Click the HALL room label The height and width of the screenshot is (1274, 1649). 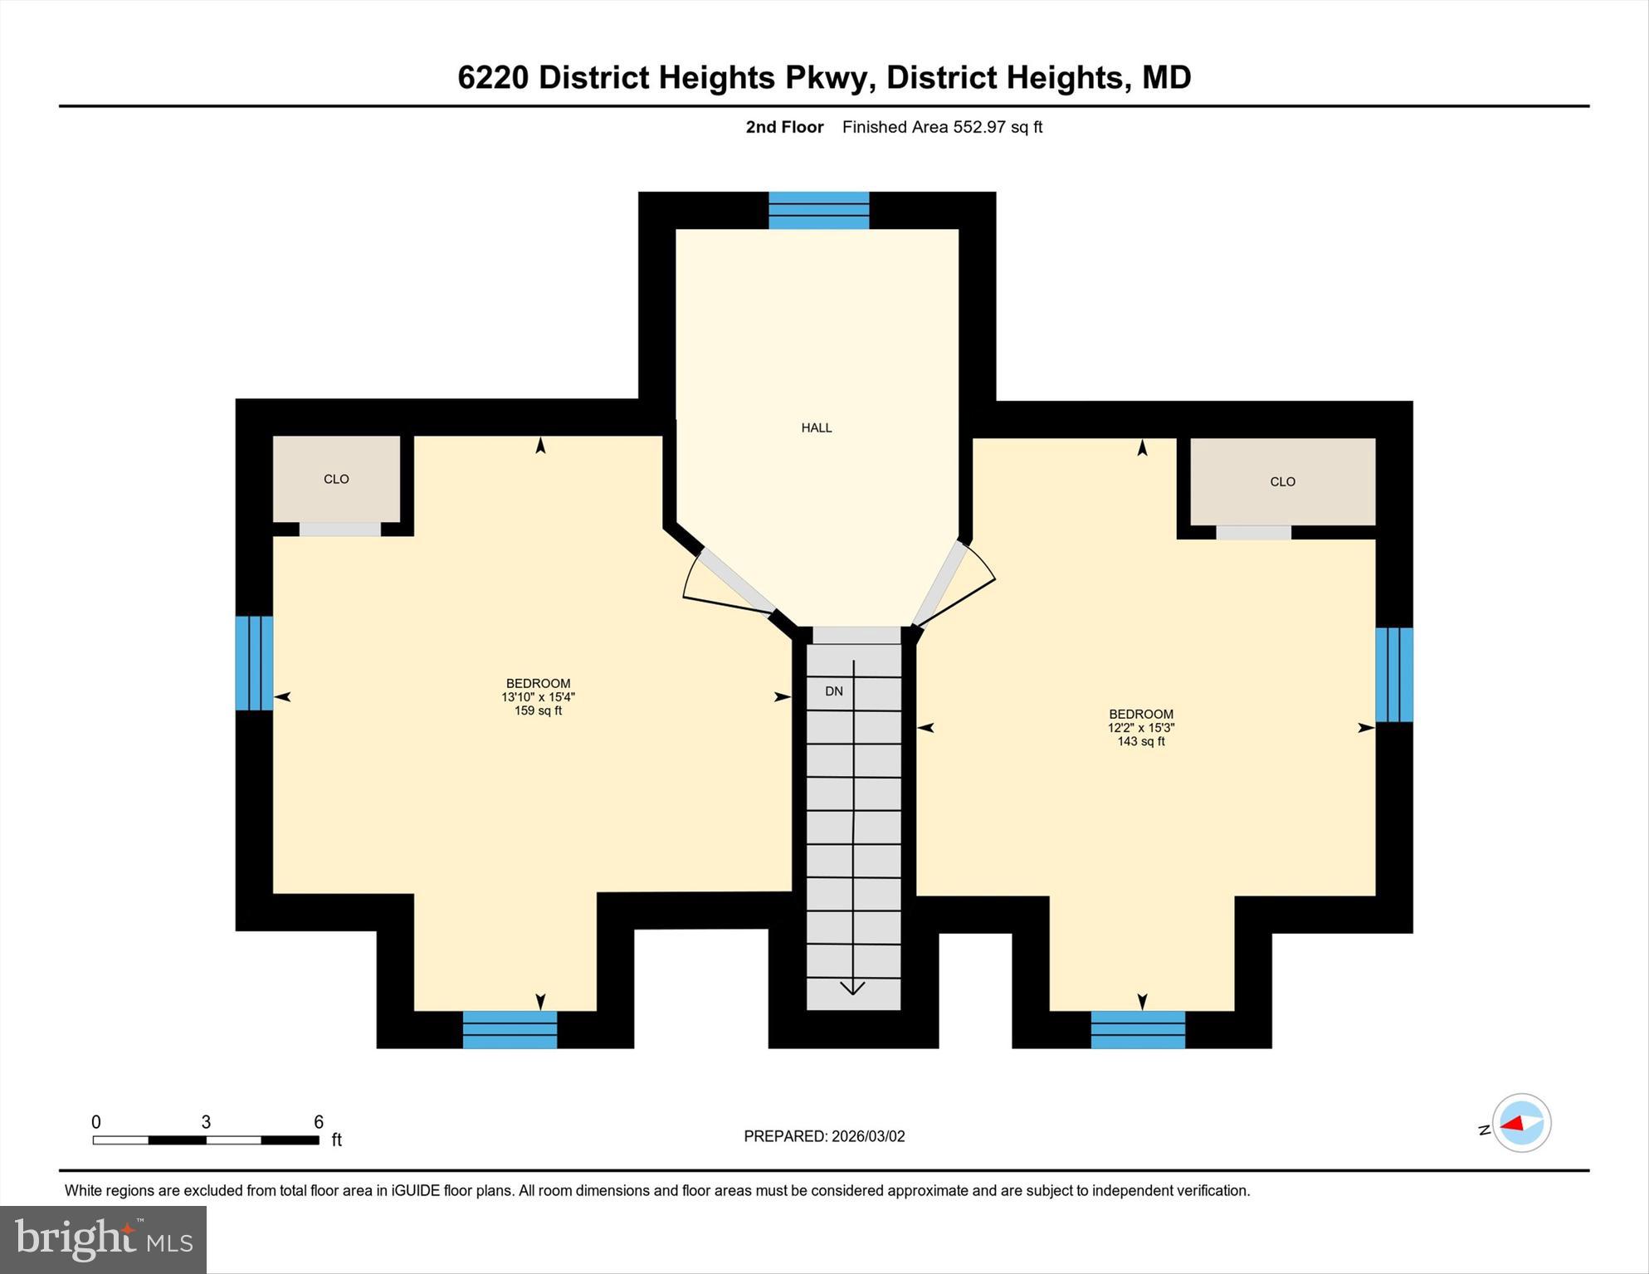pyautogui.click(x=816, y=427)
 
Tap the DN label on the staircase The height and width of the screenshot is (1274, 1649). pyautogui.click(x=833, y=691)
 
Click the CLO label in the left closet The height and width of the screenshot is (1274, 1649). pyautogui.click(x=336, y=479)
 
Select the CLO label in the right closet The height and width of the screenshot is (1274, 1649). pyautogui.click(x=1282, y=481)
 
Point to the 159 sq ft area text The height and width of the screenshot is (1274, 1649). pyautogui.click(x=538, y=710)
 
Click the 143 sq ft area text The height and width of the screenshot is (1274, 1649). pyautogui.click(x=1140, y=741)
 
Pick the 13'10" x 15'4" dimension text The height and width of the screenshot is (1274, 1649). pyautogui.click(x=538, y=697)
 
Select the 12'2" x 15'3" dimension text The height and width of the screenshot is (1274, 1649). pyautogui.click(x=1140, y=728)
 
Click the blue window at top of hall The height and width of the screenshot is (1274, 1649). pyautogui.click(x=818, y=210)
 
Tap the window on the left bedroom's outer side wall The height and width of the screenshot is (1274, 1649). pyautogui.click(x=254, y=662)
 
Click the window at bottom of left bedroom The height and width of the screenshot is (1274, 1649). pyautogui.click(x=510, y=1029)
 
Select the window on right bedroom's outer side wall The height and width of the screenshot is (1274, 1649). pyautogui.click(x=1393, y=674)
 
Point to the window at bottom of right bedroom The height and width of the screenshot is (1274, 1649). pyautogui.click(x=1137, y=1029)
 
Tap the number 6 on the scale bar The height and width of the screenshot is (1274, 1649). pyautogui.click(x=318, y=1122)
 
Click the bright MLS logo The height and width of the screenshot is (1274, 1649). pyautogui.click(x=103, y=1239)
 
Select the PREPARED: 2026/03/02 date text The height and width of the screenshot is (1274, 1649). pyautogui.click(x=824, y=1136)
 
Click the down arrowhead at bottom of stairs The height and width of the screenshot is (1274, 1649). pyautogui.click(x=852, y=988)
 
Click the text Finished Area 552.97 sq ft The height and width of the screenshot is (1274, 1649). pyautogui.click(x=942, y=127)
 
